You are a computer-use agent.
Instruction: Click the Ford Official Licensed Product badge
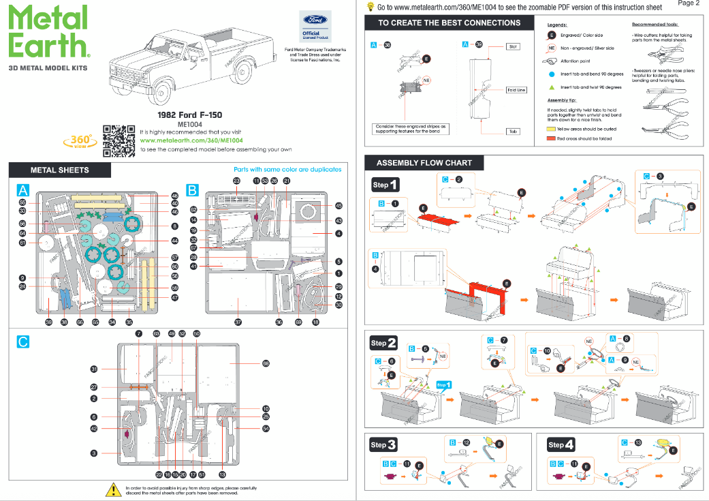(x=311, y=27)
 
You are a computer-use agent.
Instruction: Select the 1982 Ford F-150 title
(x=189, y=115)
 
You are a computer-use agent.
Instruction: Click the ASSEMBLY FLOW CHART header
(x=433, y=164)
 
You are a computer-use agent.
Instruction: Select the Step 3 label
(x=383, y=444)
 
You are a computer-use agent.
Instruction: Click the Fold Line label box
(x=516, y=90)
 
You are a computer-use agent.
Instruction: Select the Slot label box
(x=513, y=46)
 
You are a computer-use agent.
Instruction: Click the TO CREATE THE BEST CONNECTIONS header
(x=450, y=22)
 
